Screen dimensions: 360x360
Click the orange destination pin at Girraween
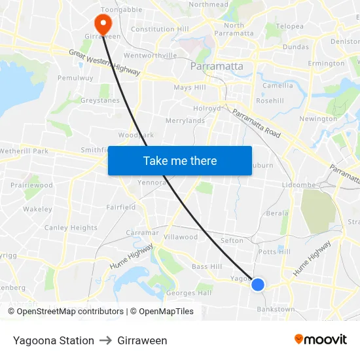tap(103, 24)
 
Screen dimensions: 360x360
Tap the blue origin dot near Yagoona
tap(258, 284)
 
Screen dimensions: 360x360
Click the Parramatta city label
tap(216, 66)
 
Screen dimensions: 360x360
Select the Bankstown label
tap(276, 308)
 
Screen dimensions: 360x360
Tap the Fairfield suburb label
tap(121, 207)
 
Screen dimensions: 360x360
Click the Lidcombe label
tap(298, 185)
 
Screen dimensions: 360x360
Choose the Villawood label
tap(181, 237)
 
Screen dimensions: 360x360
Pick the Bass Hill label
tap(207, 266)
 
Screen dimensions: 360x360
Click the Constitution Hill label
tap(160, 29)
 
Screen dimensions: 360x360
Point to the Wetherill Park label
tap(24, 151)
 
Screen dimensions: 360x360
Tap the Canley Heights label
tap(71, 228)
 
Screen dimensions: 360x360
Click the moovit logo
tap(320, 340)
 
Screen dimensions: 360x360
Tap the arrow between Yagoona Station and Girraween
tap(106, 340)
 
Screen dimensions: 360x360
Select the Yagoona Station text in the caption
tap(54, 340)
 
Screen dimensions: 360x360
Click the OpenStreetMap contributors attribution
tap(70, 312)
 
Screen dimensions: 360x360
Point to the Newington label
tap(317, 118)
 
